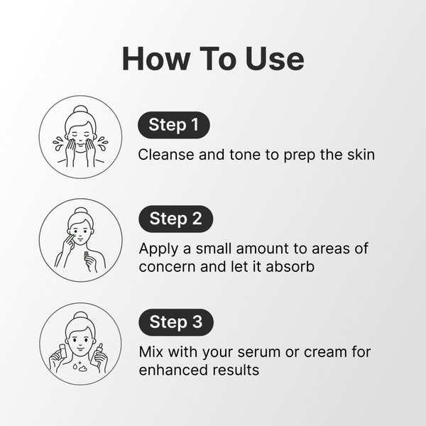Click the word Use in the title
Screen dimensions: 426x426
click(x=274, y=59)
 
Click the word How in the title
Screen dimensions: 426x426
click(x=156, y=59)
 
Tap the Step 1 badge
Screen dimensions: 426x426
click(x=174, y=125)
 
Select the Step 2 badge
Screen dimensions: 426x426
click(x=176, y=219)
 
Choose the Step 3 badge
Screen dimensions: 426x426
click(x=176, y=322)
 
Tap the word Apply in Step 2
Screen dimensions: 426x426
click(x=158, y=249)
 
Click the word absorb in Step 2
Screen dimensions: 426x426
click(x=290, y=266)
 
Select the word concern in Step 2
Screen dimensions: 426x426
click(x=168, y=267)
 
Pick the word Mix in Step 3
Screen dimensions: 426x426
click(x=151, y=352)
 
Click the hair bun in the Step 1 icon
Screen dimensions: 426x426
click(x=80, y=109)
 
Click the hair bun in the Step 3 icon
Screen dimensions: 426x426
click(x=80, y=316)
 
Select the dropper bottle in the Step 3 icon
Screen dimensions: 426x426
click(x=99, y=355)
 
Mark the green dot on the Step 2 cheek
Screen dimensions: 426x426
click(x=74, y=236)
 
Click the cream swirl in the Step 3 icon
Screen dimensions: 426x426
click(x=82, y=368)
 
